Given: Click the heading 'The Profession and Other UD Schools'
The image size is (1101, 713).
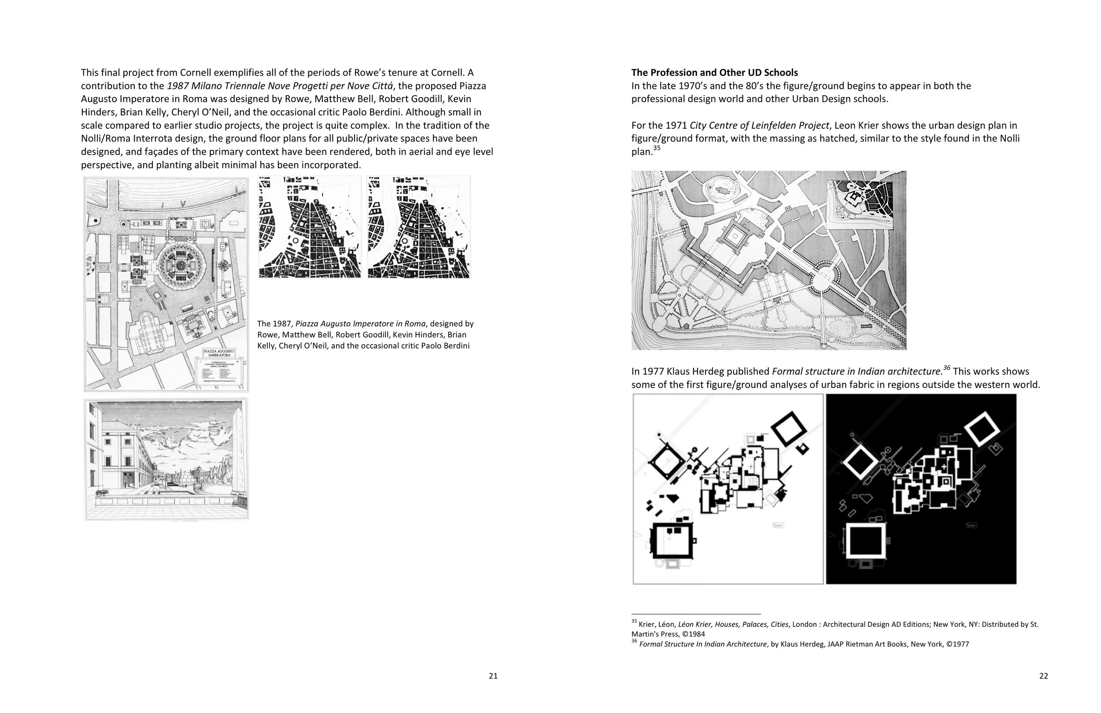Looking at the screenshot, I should pos(714,73).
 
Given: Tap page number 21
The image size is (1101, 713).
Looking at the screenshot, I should pos(493,676).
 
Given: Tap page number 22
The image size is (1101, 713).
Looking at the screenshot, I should pos(1044,676).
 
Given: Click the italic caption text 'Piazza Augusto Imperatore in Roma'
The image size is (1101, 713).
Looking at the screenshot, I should pos(360,323).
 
